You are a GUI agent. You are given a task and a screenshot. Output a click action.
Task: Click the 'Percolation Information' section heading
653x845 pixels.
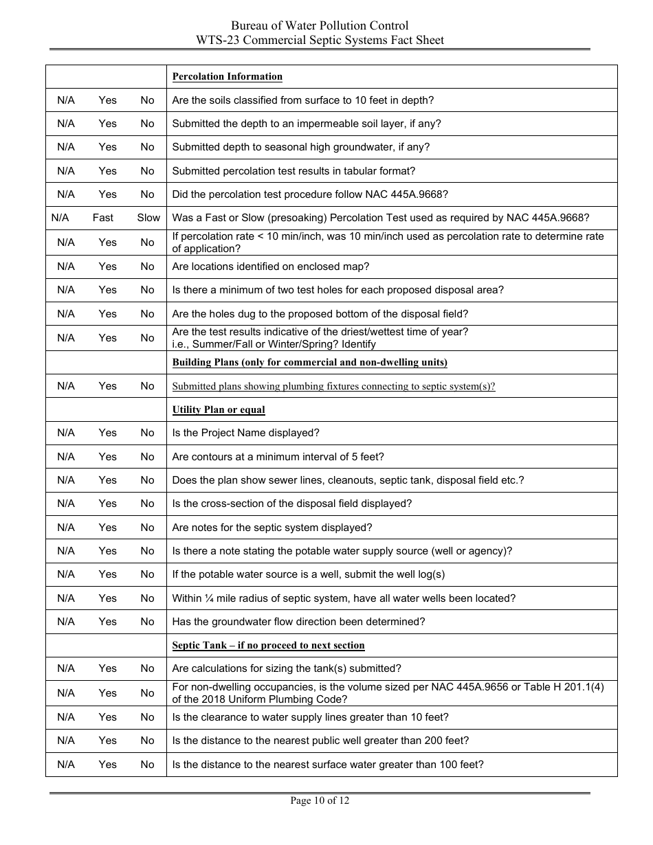(227, 76)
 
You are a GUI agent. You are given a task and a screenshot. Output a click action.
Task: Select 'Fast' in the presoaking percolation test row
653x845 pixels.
(103, 218)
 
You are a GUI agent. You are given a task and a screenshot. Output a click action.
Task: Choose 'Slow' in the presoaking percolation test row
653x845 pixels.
(148, 218)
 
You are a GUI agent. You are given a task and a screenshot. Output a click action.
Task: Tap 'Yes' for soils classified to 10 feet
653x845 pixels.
(107, 100)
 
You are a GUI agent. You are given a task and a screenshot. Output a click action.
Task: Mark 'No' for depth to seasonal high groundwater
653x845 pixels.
(147, 147)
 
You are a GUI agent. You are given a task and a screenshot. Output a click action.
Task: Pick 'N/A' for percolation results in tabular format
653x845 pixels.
(66, 171)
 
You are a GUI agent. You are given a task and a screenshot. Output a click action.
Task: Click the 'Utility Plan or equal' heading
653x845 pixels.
(218, 409)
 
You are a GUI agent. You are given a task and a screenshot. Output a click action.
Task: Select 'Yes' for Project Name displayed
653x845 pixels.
(107, 433)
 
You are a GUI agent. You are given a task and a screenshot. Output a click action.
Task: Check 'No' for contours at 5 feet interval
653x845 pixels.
(147, 457)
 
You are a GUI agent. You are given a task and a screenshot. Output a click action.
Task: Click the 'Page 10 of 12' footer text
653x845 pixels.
(320, 800)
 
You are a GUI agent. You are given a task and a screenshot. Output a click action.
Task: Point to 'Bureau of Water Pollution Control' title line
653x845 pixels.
(320, 26)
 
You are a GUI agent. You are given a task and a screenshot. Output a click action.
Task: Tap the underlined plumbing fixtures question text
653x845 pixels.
(333, 386)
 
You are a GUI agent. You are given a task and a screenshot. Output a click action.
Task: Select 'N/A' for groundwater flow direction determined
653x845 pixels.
(66, 622)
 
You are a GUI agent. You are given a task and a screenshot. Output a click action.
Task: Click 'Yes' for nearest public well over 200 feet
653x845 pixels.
(107, 741)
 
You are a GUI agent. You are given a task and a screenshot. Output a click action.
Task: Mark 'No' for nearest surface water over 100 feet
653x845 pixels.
(147, 765)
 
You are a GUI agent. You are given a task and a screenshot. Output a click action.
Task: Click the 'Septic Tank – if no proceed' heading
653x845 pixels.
(268, 645)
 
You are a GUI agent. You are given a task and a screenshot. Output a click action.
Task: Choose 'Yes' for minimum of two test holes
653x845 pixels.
(107, 290)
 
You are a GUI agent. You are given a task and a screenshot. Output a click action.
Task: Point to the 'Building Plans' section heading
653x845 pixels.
(309, 362)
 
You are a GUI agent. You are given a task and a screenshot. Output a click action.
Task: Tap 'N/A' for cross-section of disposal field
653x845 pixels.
(66, 504)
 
